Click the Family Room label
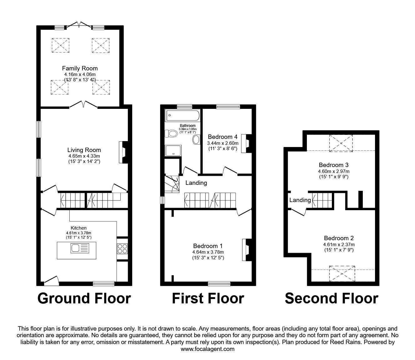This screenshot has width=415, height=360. [80, 68]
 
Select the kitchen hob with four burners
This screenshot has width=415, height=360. [122, 248]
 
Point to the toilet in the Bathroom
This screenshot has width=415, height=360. [171, 134]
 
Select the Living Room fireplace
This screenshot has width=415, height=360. [122, 152]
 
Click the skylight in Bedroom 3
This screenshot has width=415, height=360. [341, 143]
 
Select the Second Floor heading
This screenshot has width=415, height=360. [331, 298]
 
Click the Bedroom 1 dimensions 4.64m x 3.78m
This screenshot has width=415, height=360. [208, 252]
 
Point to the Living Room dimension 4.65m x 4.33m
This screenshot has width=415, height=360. [84, 156]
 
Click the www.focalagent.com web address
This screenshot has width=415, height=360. [207, 349]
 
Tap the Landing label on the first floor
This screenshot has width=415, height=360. [196, 183]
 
